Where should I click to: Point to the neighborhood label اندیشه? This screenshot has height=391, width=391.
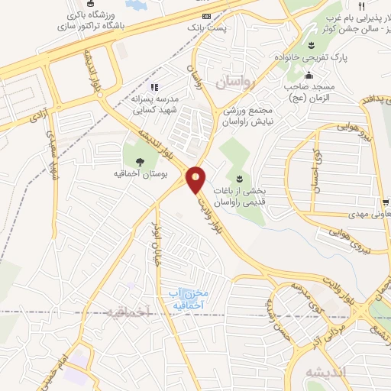(325, 372)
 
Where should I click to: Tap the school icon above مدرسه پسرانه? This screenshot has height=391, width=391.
(153, 88)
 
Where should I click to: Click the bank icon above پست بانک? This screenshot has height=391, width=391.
(206, 15)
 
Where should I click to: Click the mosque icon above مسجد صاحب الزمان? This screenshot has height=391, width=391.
(308, 75)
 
